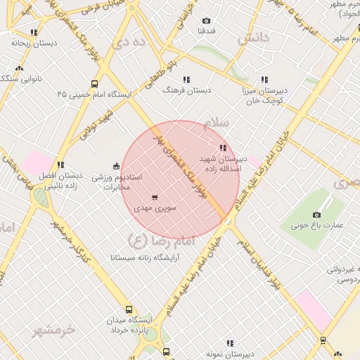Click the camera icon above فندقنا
click(x=206, y=21)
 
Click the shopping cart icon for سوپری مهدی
click(x=155, y=198)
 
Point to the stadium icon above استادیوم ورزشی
click(x=116, y=166)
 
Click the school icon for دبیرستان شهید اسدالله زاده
click(x=223, y=148)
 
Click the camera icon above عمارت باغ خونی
click(x=316, y=214)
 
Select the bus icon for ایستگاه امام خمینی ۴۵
click(x=94, y=84)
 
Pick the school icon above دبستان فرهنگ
click(x=186, y=79)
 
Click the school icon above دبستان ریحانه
click(x=34, y=32)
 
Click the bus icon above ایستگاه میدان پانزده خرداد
click(x=129, y=309)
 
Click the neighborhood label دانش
click(x=253, y=39)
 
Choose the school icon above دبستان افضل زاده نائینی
click(x=60, y=165)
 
